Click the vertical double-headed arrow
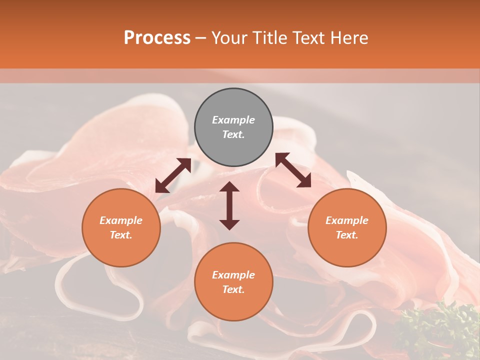coord(229,205)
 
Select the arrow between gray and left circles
coord(173,175)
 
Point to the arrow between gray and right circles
coord(293,170)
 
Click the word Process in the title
coord(157,38)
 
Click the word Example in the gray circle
coord(233,120)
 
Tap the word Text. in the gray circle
coord(233,134)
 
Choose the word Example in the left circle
coord(121,220)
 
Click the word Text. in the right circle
coord(347,235)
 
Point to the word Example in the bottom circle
coord(233,275)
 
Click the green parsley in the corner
coord(440,330)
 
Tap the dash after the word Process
coord(201,38)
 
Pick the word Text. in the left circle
coord(121,235)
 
